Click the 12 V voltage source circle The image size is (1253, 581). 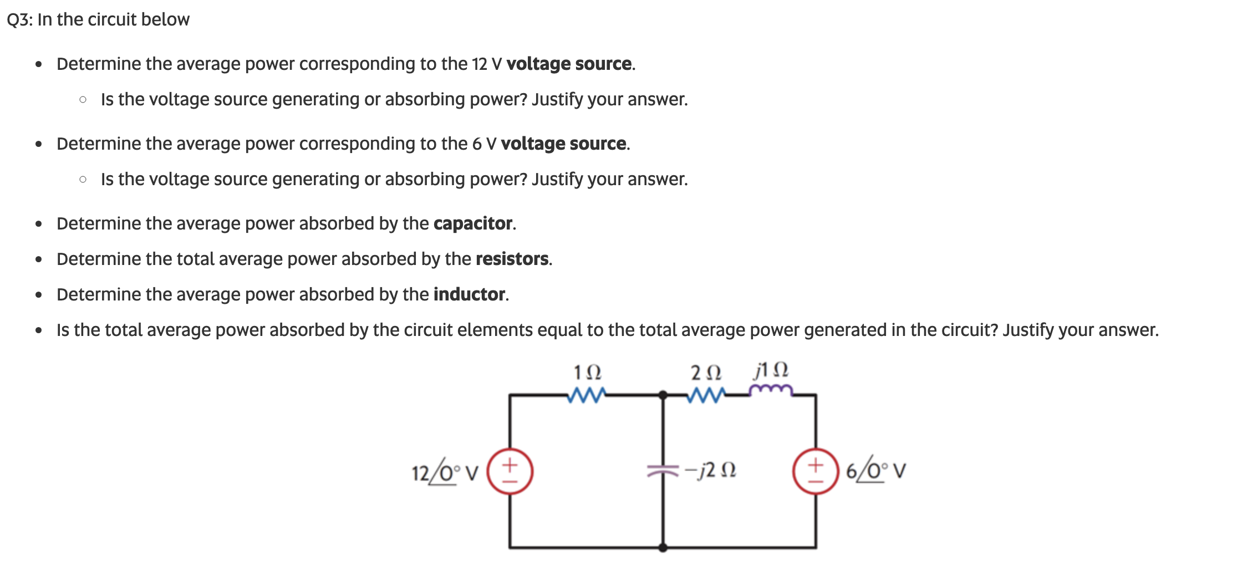point(510,471)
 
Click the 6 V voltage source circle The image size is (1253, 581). point(815,471)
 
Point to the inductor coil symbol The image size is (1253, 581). point(771,390)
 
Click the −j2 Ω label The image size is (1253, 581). point(711,471)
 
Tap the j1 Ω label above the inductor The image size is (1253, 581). point(771,370)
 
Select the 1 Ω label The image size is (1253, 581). point(587,372)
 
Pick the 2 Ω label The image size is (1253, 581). point(706,372)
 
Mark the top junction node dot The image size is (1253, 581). point(663,395)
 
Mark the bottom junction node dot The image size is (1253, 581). point(663,548)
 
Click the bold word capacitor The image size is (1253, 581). point(473,223)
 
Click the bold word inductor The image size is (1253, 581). point(470,294)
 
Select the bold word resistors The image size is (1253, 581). point(512,259)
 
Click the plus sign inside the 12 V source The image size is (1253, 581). point(510,463)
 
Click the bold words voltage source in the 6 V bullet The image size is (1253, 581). point(563,144)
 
